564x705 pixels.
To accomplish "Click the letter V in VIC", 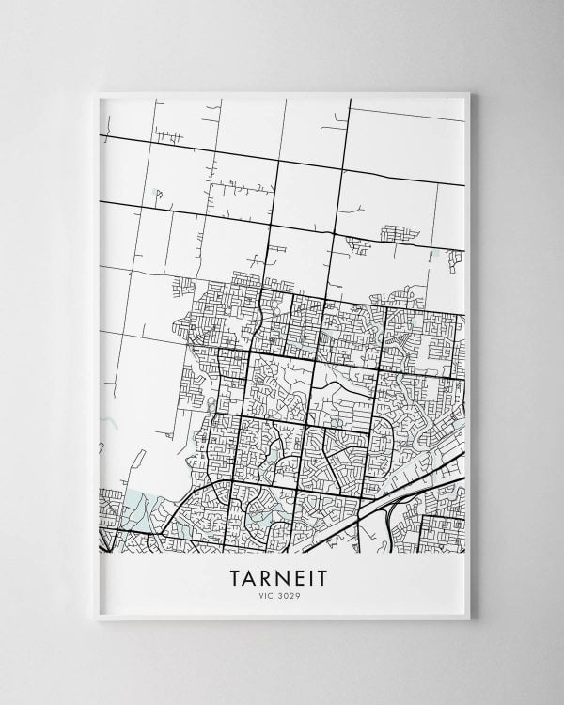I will [x=262, y=594].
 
